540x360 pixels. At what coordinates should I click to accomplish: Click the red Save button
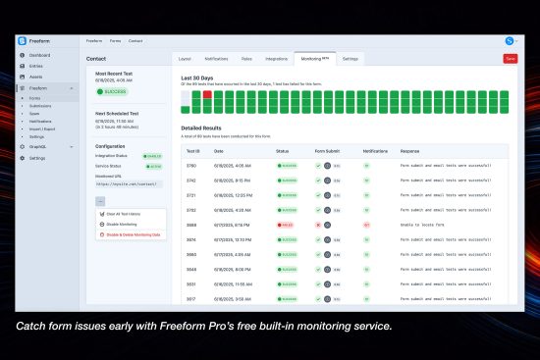point(510,59)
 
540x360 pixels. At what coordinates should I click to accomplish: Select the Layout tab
point(185,59)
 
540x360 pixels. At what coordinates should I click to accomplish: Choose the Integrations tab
point(276,59)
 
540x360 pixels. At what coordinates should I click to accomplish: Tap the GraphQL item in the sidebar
point(38,147)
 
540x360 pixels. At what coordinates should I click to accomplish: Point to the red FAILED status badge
point(287,225)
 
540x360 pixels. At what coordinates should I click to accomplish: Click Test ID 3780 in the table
point(192,166)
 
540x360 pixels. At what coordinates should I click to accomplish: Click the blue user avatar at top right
point(509,40)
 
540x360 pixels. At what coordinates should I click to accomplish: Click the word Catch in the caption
point(31,325)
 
